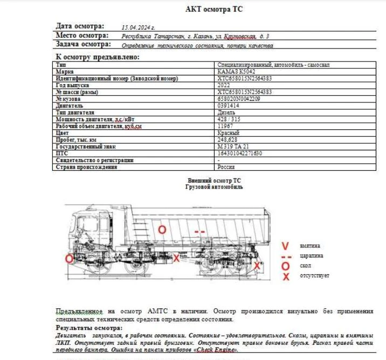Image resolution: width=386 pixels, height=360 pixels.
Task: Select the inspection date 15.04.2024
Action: coord(139,26)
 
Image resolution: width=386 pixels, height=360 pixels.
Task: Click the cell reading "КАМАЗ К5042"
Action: coord(236,72)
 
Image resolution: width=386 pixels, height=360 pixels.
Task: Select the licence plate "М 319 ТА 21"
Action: coord(233,147)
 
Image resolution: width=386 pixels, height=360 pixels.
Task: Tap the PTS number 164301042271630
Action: coord(239,154)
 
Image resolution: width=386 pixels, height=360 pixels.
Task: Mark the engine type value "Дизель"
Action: coord(226,113)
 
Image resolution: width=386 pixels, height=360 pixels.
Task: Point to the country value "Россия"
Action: coord(226,167)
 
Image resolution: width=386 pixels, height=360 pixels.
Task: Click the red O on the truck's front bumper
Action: coord(69,259)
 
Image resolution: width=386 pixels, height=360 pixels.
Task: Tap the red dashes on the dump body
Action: coord(199,232)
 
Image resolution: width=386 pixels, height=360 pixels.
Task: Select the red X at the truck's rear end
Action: coord(257,266)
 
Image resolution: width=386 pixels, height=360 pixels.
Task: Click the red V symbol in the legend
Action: coord(286,246)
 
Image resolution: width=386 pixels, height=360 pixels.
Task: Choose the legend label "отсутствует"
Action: coord(315,276)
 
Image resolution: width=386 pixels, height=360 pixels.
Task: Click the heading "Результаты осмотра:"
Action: coord(89,328)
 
